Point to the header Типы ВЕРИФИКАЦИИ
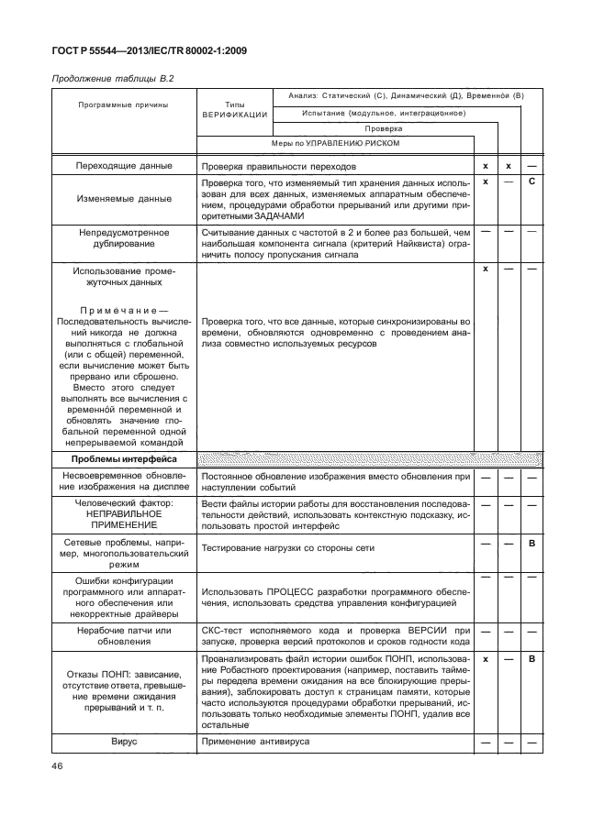click(234, 110)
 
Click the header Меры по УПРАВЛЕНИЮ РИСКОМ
click(335, 144)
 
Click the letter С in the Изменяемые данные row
click(531, 182)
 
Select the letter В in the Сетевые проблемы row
click(531, 545)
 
